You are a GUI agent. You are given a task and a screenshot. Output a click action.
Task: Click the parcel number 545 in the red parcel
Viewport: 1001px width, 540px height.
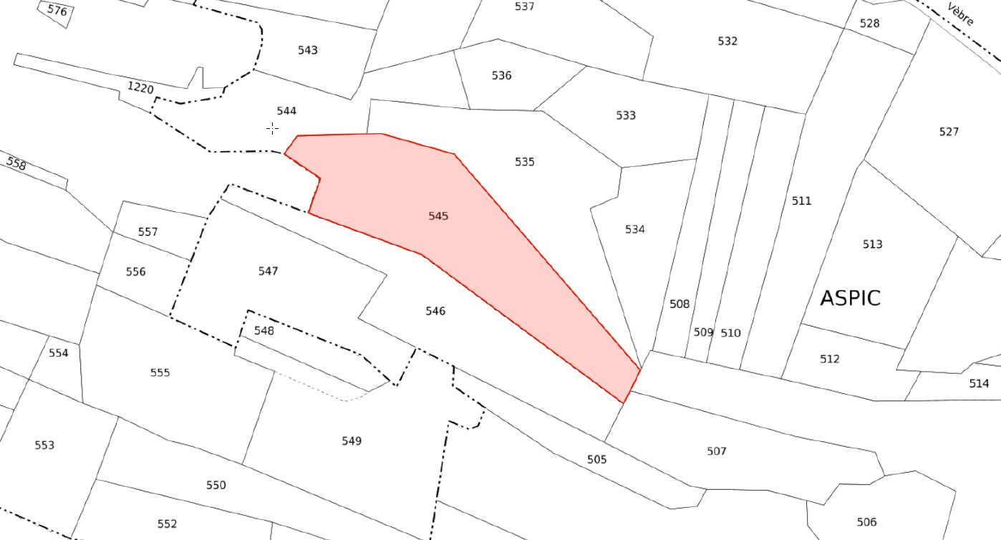(438, 216)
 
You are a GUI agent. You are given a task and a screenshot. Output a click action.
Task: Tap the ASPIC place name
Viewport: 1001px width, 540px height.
(850, 298)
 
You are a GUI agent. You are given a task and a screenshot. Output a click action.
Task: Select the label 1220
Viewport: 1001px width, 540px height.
(140, 87)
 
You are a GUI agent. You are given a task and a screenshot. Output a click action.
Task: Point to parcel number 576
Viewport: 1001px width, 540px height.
(57, 11)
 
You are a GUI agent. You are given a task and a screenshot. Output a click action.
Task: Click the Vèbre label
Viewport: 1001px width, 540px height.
(960, 14)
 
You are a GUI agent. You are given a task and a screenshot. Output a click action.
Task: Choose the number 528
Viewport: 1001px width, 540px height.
(869, 24)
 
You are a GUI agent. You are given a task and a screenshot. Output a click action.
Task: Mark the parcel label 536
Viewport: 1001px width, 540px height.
(501, 75)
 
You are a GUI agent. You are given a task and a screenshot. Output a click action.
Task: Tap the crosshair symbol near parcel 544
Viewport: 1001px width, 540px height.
(273, 129)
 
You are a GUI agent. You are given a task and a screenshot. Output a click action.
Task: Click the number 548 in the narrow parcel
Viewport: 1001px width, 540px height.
(263, 330)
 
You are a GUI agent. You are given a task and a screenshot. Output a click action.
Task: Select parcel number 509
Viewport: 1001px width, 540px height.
(703, 332)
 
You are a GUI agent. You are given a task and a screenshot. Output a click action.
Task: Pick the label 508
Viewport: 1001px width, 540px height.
(679, 304)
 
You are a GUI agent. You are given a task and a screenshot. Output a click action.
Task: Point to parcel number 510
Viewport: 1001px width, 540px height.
(730, 333)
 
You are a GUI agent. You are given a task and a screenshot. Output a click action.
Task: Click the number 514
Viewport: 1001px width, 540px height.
(979, 383)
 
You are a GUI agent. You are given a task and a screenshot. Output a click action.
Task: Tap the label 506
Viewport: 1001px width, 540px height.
(866, 521)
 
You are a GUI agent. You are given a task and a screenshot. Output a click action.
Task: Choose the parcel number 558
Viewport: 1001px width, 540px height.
(16, 163)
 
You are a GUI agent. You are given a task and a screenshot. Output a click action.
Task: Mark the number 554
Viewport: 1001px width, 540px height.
(58, 353)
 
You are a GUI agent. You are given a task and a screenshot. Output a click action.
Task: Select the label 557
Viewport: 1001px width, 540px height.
(148, 232)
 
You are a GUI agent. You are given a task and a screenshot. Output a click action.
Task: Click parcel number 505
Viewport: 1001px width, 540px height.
(596, 459)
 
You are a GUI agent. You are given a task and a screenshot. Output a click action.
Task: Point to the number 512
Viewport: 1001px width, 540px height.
(829, 359)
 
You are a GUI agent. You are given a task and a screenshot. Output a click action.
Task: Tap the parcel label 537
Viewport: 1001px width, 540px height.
(524, 6)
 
